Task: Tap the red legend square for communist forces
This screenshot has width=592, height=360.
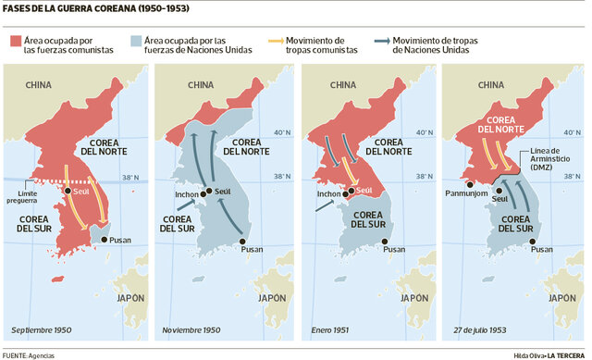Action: point(15,42)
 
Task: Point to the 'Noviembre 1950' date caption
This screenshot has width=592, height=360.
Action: point(191,329)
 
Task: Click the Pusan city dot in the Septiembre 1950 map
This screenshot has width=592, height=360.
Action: point(102,239)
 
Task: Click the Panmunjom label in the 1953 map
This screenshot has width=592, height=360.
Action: point(472,195)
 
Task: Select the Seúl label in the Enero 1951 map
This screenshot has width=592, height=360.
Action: point(364,191)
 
